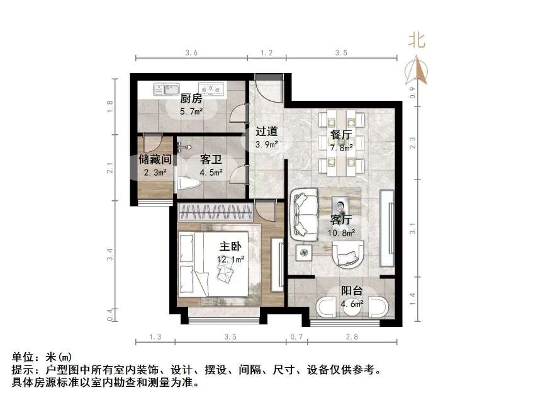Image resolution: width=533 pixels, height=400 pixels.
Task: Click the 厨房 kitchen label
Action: [x=191, y=98]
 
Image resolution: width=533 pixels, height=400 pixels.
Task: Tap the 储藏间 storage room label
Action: [x=155, y=159]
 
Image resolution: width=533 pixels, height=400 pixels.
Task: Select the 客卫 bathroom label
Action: [x=210, y=159]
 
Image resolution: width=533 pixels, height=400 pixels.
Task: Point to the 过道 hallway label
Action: [x=267, y=132]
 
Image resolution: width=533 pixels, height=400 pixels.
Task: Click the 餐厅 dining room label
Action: [x=340, y=135]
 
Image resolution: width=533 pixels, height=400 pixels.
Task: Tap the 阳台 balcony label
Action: [x=352, y=291]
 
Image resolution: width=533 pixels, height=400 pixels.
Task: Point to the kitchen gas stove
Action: [x=211, y=88]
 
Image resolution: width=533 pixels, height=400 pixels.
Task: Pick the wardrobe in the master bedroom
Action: [x=215, y=211]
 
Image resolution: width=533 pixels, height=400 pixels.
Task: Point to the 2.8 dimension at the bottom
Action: [x=351, y=337]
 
